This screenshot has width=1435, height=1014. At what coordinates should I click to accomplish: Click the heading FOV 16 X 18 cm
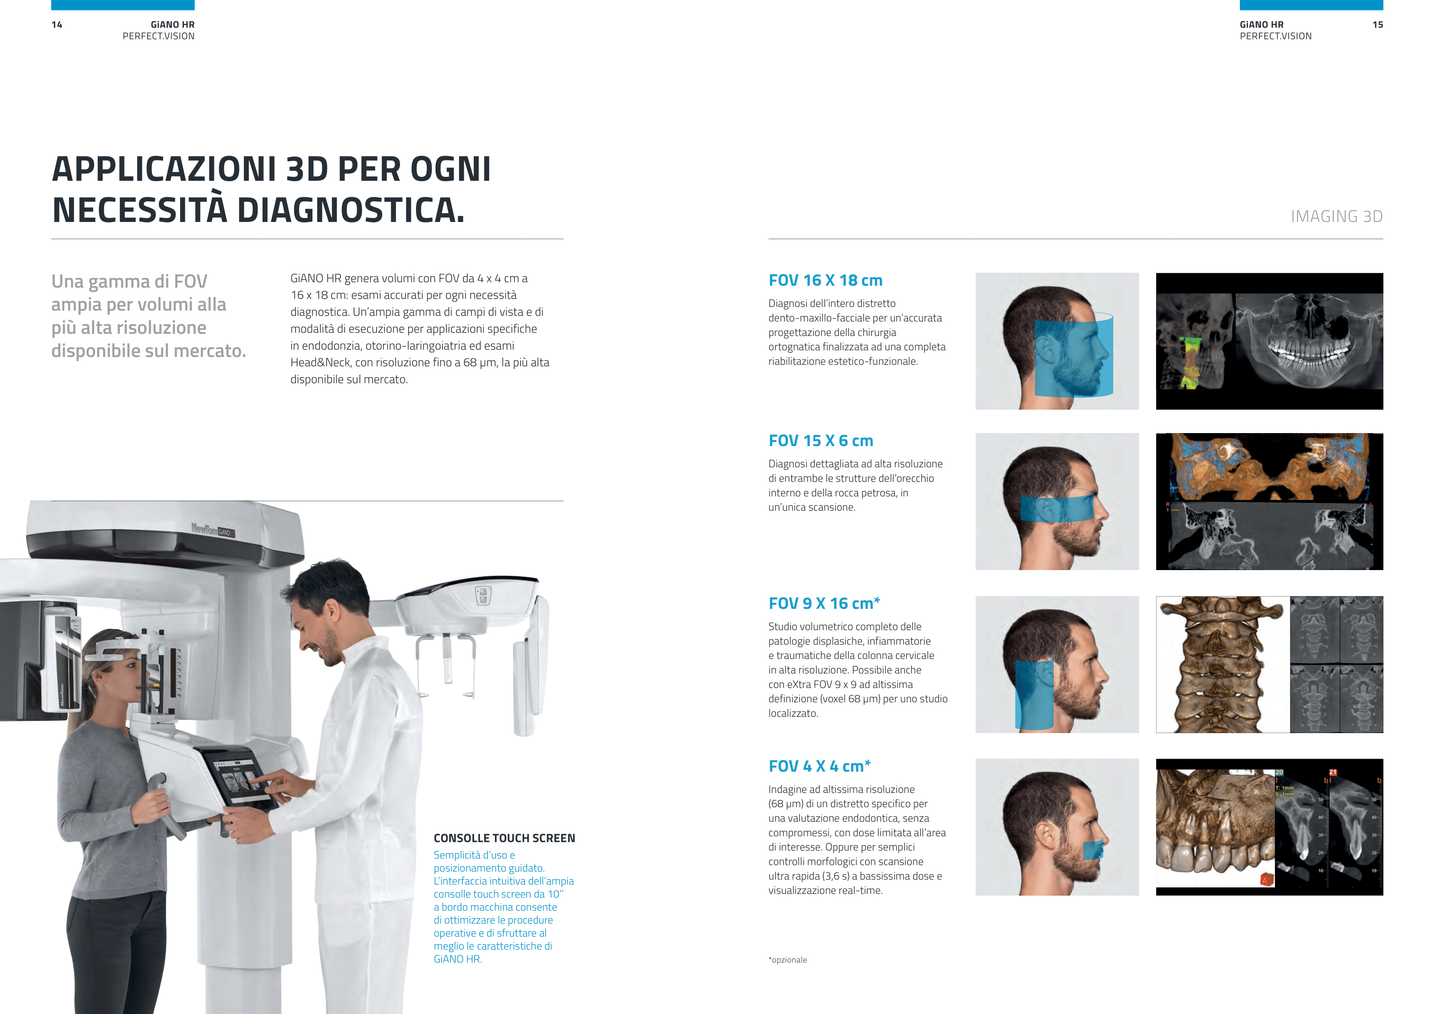(825, 280)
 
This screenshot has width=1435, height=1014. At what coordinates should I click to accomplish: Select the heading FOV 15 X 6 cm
(821, 441)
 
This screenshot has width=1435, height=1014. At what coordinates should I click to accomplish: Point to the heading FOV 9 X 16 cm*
(824, 603)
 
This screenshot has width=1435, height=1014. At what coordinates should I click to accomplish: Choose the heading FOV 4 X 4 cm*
(819, 766)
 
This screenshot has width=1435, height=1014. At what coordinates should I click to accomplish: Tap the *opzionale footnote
(787, 960)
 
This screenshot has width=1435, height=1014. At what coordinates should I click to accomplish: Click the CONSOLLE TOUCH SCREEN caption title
(505, 838)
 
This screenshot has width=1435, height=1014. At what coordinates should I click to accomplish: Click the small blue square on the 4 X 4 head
(1092, 850)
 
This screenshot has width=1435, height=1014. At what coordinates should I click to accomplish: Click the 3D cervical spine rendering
(1222, 665)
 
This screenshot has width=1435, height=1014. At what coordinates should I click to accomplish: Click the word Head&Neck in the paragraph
(320, 362)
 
